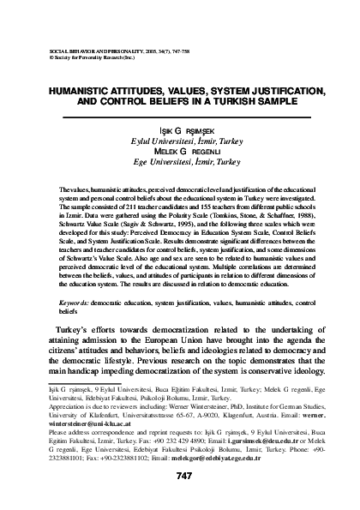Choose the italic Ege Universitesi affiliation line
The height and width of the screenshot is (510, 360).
coord(180,160)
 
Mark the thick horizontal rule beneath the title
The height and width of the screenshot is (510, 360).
coord(180,116)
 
